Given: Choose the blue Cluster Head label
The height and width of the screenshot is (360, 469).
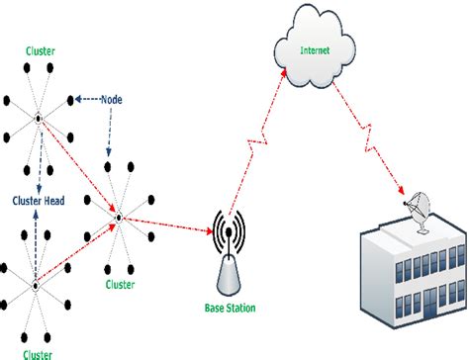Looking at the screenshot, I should point(39,198).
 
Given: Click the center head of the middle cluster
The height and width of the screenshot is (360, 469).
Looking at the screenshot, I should point(119,217).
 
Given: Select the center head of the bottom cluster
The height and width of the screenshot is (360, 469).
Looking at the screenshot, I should point(36,286).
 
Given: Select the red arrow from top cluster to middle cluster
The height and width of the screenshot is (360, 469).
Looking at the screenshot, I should point(79,168).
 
